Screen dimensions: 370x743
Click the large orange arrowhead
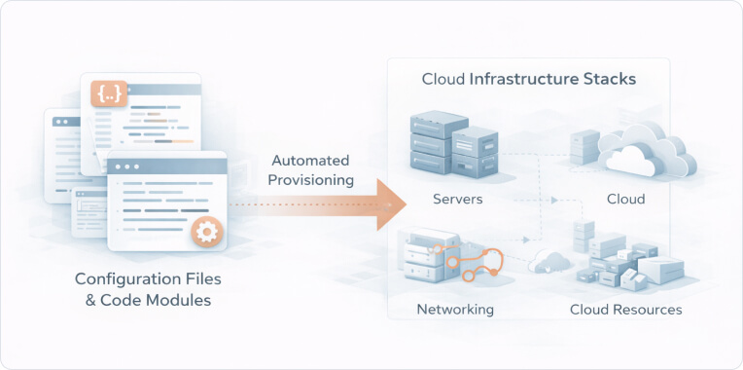click(x=390, y=204)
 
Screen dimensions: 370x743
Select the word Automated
click(x=311, y=160)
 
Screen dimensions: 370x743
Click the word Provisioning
click(x=311, y=180)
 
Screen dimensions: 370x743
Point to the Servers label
click(x=458, y=200)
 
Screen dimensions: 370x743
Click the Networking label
click(x=455, y=310)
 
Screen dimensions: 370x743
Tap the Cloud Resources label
click(x=625, y=310)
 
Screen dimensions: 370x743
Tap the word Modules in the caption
click(x=175, y=301)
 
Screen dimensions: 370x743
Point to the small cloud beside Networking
click(x=549, y=261)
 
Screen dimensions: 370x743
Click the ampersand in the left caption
click(x=92, y=301)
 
